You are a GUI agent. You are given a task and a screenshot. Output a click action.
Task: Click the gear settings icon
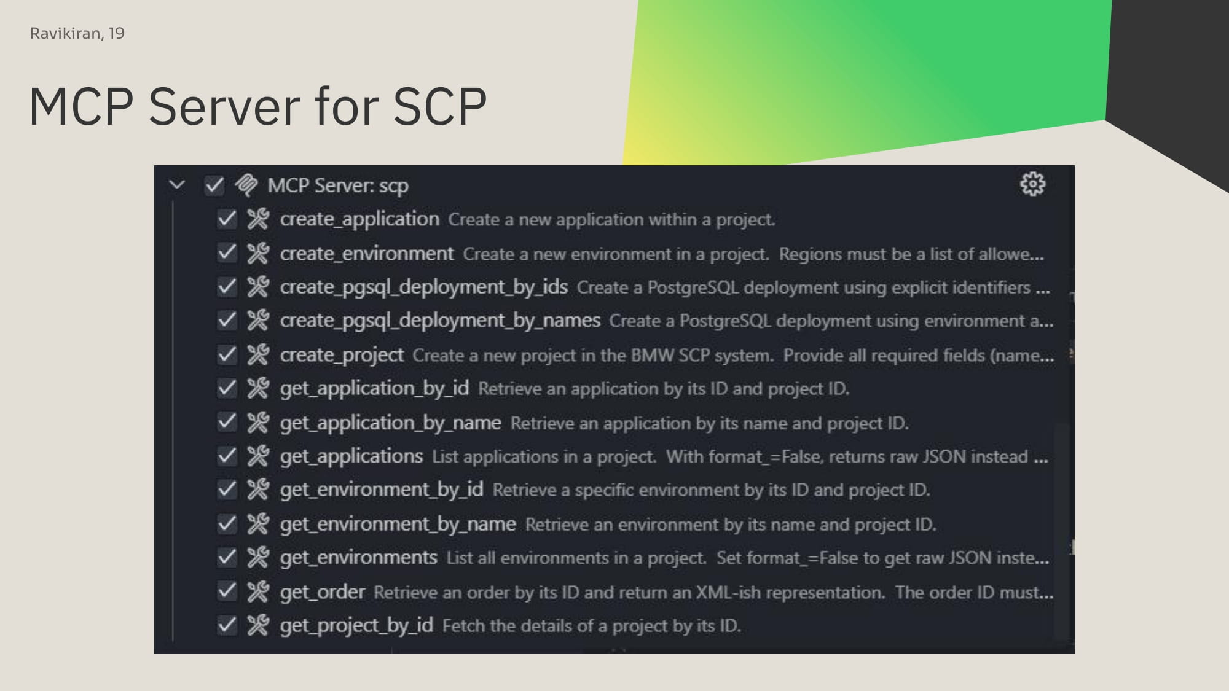[x=1032, y=184]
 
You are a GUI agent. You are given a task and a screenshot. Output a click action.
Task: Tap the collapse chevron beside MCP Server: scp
[x=177, y=184]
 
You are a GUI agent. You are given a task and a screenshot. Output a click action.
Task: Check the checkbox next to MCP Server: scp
[x=214, y=185]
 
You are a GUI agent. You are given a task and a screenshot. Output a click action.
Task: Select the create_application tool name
[x=359, y=219]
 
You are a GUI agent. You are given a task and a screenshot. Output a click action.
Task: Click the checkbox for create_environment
[x=227, y=253]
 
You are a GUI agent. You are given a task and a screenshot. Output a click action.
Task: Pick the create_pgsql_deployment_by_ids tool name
[x=424, y=287]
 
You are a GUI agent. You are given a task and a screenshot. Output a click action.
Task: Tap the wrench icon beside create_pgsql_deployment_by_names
[x=258, y=320]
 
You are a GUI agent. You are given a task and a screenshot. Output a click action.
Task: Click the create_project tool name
[x=342, y=355]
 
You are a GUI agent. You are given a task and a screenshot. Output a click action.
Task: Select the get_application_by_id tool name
[x=374, y=389]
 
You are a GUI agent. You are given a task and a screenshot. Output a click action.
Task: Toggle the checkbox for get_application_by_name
[x=227, y=422]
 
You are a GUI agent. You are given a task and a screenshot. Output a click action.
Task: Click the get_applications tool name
[x=351, y=456]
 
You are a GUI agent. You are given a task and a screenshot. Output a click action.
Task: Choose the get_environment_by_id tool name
[x=382, y=490]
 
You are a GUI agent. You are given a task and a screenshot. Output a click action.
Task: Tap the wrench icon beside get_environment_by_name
[x=258, y=524]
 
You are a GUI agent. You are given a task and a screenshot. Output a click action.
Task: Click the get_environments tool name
[x=358, y=558]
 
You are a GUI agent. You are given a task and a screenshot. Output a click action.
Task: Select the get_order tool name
[x=323, y=592]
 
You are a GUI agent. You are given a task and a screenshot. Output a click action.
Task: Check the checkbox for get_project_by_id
[x=227, y=625]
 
